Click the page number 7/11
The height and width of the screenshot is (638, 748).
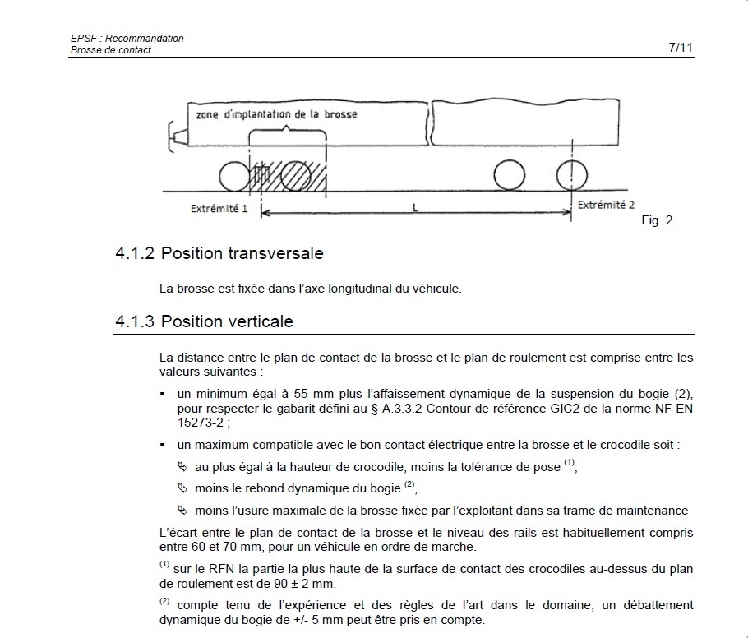coord(681,48)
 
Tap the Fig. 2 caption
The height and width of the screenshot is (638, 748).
coord(657,220)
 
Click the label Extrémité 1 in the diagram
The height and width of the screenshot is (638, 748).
coord(219,209)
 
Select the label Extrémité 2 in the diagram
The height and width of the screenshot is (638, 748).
coord(606,205)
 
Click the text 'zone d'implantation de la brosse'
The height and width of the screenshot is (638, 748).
coord(276,114)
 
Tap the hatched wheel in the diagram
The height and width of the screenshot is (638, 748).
coord(295,175)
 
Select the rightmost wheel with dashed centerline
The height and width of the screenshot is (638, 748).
coord(571,175)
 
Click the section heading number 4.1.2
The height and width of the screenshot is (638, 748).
coord(136,253)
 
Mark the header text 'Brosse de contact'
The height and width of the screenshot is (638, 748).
coord(111,50)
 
